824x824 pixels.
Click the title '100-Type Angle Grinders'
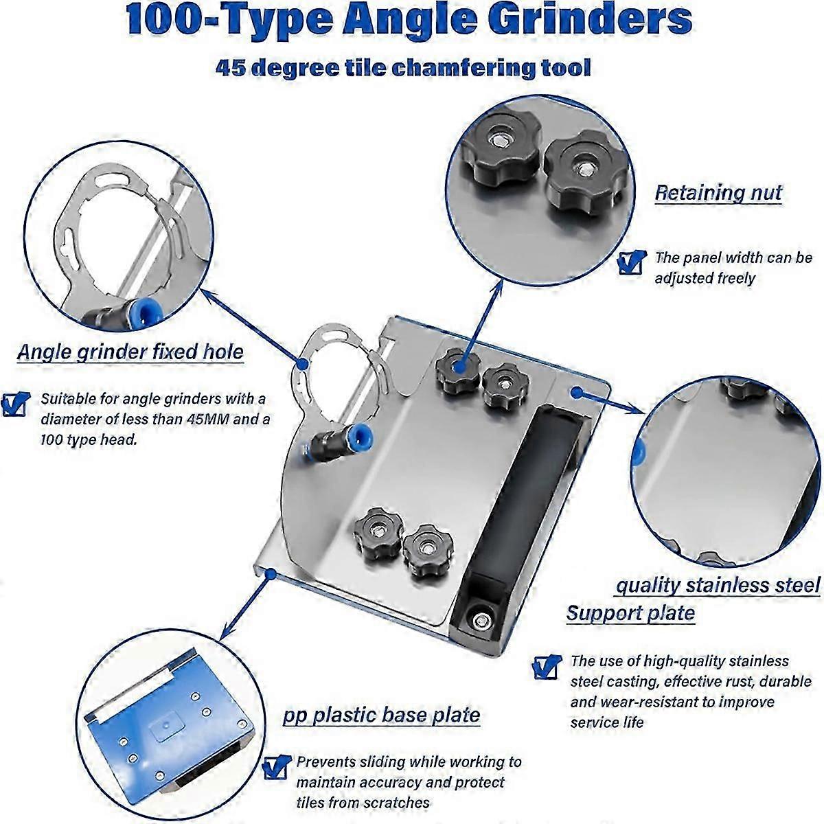click(x=410, y=21)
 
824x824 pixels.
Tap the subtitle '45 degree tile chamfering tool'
click(x=403, y=68)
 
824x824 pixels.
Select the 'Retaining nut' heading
click(x=718, y=193)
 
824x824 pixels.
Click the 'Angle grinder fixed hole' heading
click(x=130, y=352)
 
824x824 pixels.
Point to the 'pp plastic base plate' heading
click(x=381, y=715)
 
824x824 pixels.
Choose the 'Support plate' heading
click(x=630, y=613)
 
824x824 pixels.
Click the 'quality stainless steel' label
click(x=718, y=586)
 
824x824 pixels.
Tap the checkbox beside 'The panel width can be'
click(x=631, y=262)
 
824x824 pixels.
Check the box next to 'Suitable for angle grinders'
click(x=15, y=404)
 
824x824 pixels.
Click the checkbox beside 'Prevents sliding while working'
click(x=276, y=767)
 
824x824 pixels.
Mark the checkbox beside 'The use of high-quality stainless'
click(x=546, y=665)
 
